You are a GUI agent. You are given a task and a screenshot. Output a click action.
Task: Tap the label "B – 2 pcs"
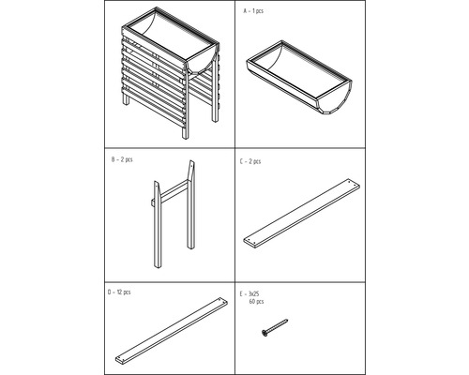121,161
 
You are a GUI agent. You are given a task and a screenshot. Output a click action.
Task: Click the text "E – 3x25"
251,293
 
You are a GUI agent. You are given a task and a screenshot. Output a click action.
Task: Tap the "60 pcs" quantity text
255,302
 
